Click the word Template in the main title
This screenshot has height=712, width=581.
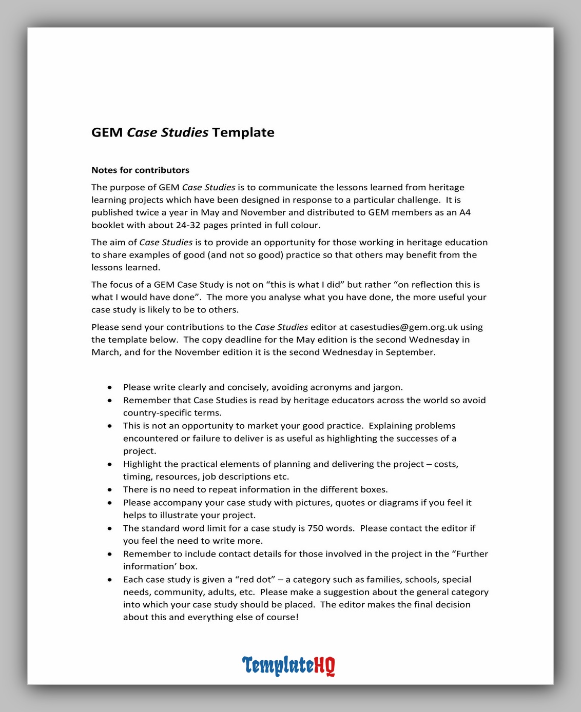(x=243, y=132)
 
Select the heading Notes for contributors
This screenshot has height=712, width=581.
(x=140, y=170)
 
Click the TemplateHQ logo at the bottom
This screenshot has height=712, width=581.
(x=288, y=665)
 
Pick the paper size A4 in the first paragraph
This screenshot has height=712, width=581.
(x=464, y=212)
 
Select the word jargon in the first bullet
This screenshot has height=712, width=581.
(x=388, y=387)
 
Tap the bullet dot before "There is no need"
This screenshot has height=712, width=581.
(x=110, y=490)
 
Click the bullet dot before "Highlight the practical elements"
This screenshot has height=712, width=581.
(x=110, y=464)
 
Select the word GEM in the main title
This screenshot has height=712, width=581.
(x=107, y=132)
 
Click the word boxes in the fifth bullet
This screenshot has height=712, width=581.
(x=374, y=490)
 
